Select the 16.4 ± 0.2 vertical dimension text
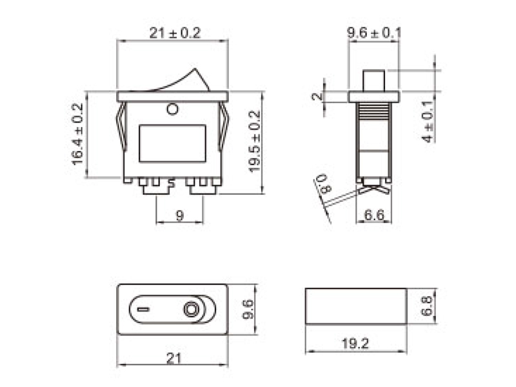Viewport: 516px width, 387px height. [78, 134]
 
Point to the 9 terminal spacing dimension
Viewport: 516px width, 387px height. [180, 216]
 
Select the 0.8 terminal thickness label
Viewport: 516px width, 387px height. [324, 184]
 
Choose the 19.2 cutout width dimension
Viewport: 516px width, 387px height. [356, 344]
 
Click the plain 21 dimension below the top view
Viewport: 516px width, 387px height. [173, 359]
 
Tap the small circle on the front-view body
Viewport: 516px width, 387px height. [172, 109]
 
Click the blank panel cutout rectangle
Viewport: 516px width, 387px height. [356, 304]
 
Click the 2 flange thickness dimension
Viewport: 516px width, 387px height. [316, 97]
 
